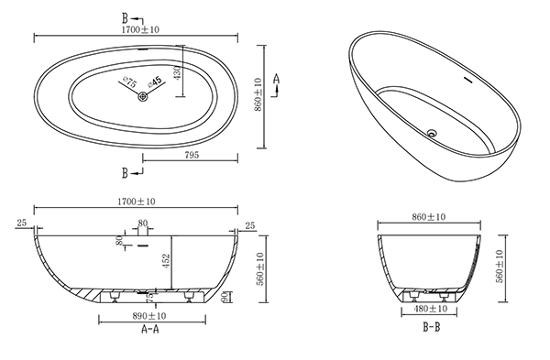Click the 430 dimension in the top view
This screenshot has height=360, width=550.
[178, 72]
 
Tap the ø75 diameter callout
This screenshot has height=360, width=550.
[129, 82]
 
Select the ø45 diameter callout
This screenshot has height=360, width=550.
[155, 82]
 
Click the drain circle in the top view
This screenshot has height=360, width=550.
[143, 95]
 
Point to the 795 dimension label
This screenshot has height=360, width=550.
[192, 155]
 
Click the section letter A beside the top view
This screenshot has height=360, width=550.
[277, 79]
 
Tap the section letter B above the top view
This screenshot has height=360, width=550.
[125, 18]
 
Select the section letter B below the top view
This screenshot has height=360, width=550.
[125, 173]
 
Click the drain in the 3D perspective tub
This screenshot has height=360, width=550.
[432, 133]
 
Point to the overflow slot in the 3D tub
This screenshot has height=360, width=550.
[468, 80]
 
